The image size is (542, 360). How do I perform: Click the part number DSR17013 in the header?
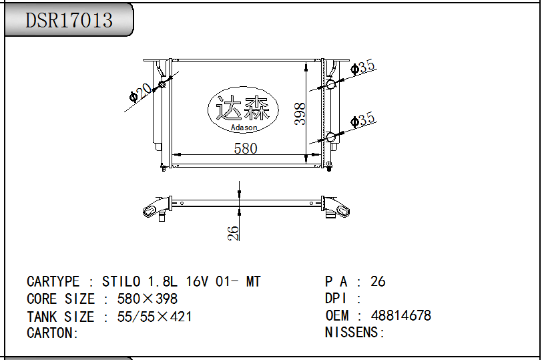[69, 20]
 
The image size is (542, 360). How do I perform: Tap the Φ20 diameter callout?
[140, 93]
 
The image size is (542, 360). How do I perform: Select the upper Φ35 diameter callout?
[362, 67]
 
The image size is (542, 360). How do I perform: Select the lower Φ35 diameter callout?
[362, 120]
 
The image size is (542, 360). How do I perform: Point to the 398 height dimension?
[300, 114]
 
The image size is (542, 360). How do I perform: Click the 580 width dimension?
[246, 148]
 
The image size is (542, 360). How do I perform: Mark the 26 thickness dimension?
[234, 233]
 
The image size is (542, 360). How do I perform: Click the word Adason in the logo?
[244, 128]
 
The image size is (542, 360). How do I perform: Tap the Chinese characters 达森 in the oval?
[243, 108]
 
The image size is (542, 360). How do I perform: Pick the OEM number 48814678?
[401, 315]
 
